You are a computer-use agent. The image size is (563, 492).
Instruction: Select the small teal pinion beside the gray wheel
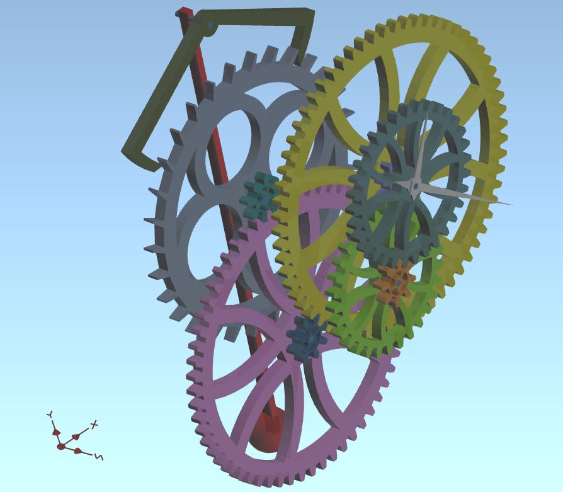click(x=259, y=196)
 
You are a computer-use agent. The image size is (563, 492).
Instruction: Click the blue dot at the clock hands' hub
click(x=415, y=186)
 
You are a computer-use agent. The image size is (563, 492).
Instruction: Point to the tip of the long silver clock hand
click(x=513, y=205)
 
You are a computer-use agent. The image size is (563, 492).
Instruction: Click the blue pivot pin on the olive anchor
click(x=210, y=25)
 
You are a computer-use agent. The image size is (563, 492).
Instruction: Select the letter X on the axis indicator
click(x=94, y=425)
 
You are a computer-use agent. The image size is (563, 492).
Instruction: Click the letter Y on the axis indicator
click(x=50, y=414)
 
